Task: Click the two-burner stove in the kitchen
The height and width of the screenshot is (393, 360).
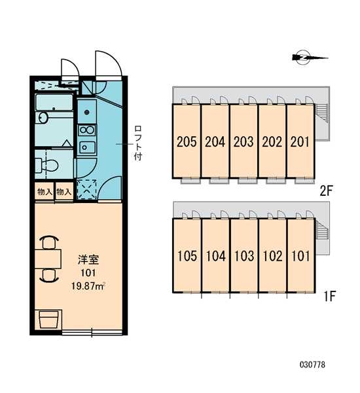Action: pos(86,130)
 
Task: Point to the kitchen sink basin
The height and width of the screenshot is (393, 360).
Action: pos(87,147)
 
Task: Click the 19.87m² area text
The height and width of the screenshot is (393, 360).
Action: pos(88,286)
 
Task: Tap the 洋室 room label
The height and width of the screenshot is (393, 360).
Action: pos(88,259)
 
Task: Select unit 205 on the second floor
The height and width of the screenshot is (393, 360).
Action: pos(187,141)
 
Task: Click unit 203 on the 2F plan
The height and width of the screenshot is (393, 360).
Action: pos(243,141)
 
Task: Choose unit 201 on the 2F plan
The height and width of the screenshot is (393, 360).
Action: pos(300,141)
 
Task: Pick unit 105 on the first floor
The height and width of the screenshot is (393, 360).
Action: pos(187,255)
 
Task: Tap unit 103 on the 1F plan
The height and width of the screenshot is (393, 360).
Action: pos(244,255)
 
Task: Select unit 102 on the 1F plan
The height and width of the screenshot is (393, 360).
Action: pos(272,255)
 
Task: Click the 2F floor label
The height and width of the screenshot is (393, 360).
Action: pos(326,192)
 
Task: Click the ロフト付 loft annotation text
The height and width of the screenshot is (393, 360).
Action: pos(138,143)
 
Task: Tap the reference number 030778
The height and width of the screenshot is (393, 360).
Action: pos(312,364)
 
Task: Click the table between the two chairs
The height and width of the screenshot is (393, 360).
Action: pos(48,259)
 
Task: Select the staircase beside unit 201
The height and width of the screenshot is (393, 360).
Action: pos(321,113)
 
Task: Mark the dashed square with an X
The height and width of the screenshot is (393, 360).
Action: pos(86,189)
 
